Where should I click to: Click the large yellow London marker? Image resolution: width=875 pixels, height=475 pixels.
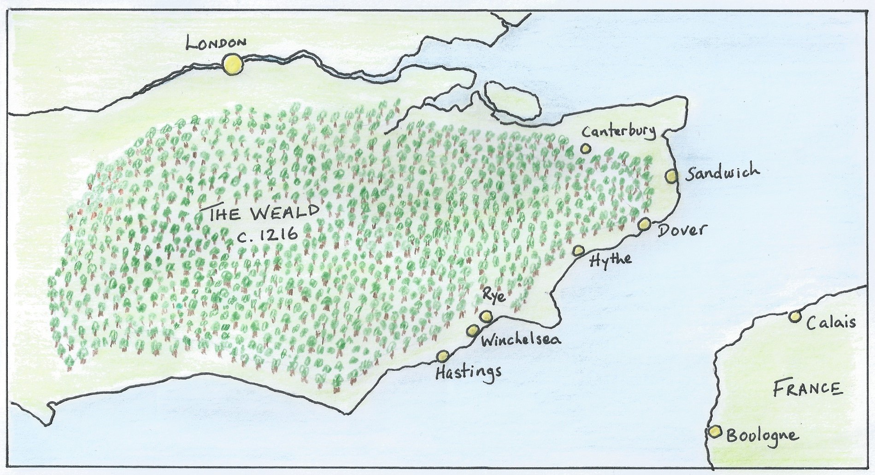pyautogui.click(x=232, y=64)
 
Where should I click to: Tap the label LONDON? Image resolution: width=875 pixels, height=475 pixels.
pyautogui.click(x=216, y=43)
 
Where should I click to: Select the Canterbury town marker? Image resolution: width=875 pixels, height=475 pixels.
pyautogui.click(x=586, y=148)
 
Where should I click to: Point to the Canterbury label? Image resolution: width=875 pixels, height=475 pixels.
pyautogui.click(x=618, y=131)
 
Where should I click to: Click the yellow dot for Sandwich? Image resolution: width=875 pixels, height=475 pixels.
pyautogui.click(x=671, y=176)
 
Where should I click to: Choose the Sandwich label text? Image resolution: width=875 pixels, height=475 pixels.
pyautogui.click(x=722, y=173)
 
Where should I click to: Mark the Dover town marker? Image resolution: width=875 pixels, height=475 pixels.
pyautogui.click(x=644, y=224)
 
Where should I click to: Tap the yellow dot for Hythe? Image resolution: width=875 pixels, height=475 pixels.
pyautogui.click(x=579, y=250)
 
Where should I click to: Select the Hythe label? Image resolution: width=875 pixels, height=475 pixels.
pyautogui.click(x=611, y=260)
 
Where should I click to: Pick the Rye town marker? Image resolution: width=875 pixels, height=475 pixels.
pyautogui.click(x=486, y=316)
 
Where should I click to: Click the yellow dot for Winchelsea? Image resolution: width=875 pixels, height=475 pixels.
pyautogui.click(x=473, y=330)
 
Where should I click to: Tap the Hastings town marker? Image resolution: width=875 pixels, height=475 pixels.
pyautogui.click(x=443, y=356)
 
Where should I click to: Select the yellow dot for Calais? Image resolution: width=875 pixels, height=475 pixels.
pyautogui.click(x=794, y=317)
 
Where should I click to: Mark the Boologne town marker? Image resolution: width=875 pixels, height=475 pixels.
pyautogui.click(x=715, y=432)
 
